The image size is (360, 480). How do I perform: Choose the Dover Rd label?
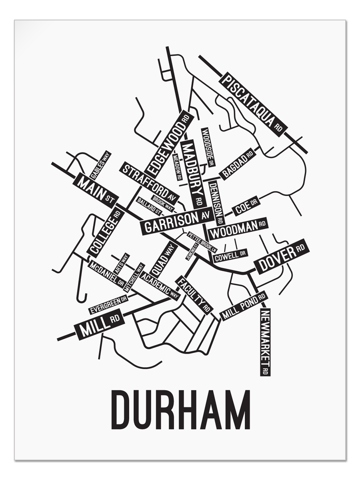click(282, 256)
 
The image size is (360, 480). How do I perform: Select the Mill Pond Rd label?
click(244, 306)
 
